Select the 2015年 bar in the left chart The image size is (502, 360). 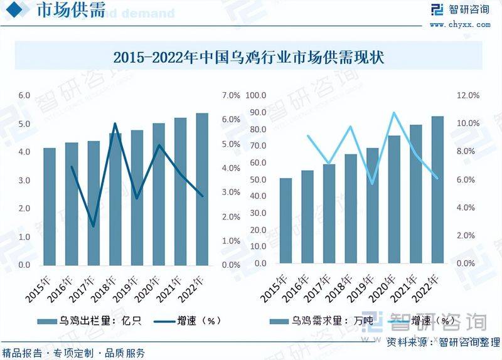50,207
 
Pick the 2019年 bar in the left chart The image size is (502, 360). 137,198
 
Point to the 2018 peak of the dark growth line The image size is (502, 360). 115,124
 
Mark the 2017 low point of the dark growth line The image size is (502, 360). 93,226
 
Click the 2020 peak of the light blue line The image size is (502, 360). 393,113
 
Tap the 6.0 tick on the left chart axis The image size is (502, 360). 24,95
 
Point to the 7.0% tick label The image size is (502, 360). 231,95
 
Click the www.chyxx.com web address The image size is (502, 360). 460,24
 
